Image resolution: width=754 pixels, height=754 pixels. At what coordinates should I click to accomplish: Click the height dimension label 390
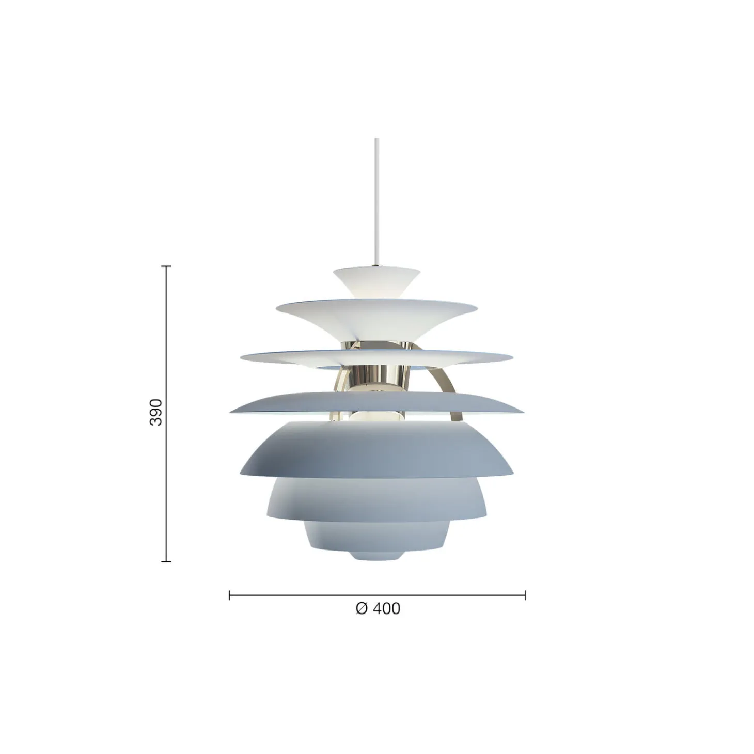pos(156,413)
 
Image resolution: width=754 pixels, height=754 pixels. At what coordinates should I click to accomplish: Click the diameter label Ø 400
pos(378,608)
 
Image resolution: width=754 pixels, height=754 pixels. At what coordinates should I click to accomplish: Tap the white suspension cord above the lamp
pos(377,202)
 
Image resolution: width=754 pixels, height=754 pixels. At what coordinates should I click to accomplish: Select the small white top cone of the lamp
pos(377,281)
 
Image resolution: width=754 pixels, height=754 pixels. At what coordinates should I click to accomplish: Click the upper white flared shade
pos(377,317)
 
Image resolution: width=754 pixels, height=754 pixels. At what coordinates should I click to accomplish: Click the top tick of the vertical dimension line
pos(166,266)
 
